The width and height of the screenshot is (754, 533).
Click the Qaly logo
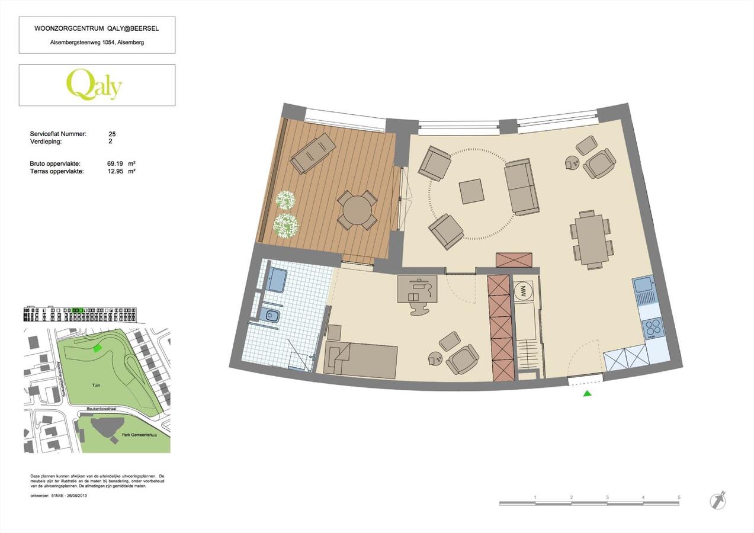coord(94,85)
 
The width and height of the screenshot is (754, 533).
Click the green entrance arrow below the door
coord(587,393)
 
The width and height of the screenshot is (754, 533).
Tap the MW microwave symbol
coord(523,291)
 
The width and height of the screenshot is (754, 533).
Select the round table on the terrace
coord(357,210)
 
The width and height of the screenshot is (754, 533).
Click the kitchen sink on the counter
coord(643,286)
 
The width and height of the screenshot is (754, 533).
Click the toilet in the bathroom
coord(272,314)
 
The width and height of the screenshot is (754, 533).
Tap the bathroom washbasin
coord(276,279)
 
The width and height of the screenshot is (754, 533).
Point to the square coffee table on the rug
coord(471,191)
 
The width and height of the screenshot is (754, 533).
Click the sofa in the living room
coord(522,187)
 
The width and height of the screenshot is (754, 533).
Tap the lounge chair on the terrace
coord(313,153)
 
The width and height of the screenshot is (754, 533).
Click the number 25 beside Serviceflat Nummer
coord(113,134)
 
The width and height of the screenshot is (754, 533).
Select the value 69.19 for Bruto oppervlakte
coord(114,163)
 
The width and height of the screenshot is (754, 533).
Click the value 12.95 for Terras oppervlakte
coord(114,171)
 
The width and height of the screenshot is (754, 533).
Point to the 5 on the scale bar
coord(679,497)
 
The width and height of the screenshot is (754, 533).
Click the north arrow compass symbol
coord(718,500)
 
